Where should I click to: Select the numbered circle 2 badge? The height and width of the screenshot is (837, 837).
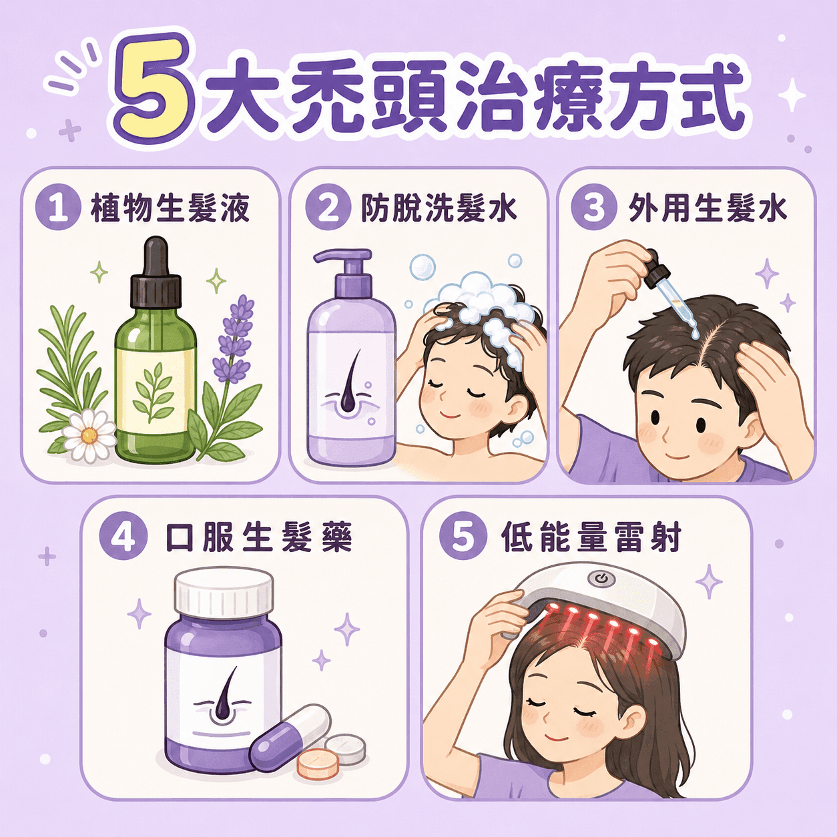coord(328,208)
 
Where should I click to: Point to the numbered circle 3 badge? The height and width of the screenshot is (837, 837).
coord(594,208)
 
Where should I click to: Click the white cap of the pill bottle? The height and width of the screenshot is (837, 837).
coord(224,591)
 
